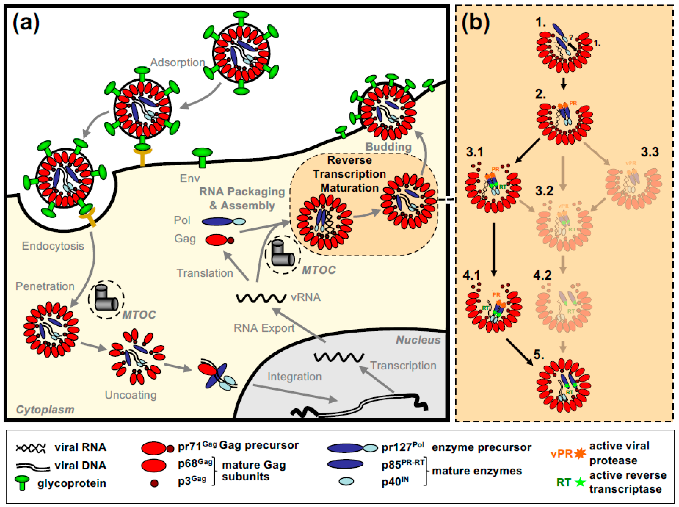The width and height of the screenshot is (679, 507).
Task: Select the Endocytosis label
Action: (x=53, y=246)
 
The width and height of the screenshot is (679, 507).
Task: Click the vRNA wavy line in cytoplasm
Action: (x=261, y=298)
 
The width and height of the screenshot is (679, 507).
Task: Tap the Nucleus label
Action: (x=418, y=340)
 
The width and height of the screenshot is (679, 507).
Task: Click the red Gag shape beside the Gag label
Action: (x=216, y=240)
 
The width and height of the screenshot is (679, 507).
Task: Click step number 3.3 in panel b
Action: (x=650, y=152)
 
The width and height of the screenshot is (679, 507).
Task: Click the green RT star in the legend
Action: (x=580, y=482)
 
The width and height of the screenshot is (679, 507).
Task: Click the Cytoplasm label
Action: (x=45, y=409)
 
